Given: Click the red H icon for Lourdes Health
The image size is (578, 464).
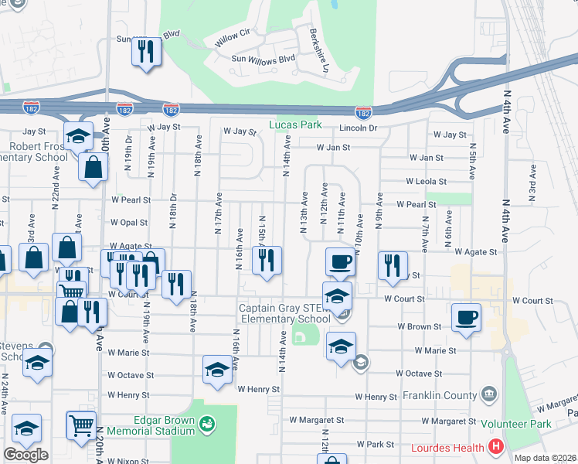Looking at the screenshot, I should [x=496, y=448].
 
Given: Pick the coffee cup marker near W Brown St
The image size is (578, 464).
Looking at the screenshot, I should [x=467, y=317].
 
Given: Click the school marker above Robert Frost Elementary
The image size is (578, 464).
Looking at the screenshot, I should [x=77, y=137].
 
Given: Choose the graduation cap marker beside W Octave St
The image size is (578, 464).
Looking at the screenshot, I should [x=217, y=370].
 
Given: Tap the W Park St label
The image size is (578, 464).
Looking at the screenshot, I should [x=376, y=445].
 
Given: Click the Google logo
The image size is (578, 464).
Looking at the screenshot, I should [x=25, y=454].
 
